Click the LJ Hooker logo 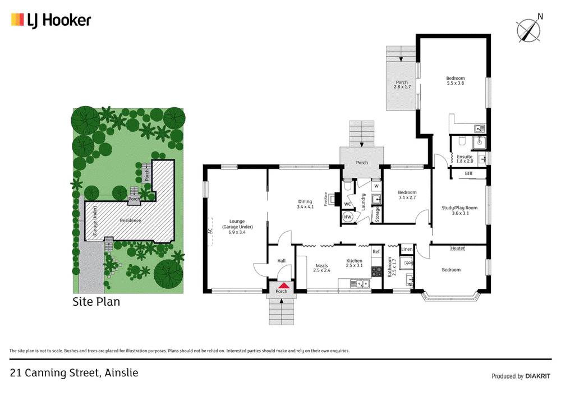[x=50, y=21]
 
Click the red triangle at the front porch [x=282, y=286]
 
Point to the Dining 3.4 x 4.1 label [x=305, y=204]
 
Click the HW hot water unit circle [x=347, y=217]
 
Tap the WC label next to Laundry [x=347, y=204]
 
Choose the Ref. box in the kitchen [x=376, y=252]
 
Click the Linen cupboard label [x=407, y=248]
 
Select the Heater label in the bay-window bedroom [x=458, y=248]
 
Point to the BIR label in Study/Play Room [x=468, y=174]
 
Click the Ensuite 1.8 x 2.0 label [x=465, y=159]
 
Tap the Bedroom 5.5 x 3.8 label [x=455, y=81]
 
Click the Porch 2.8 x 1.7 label [x=402, y=85]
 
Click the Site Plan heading [x=96, y=302]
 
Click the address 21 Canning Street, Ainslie [x=74, y=372]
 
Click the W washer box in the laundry [x=376, y=186]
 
